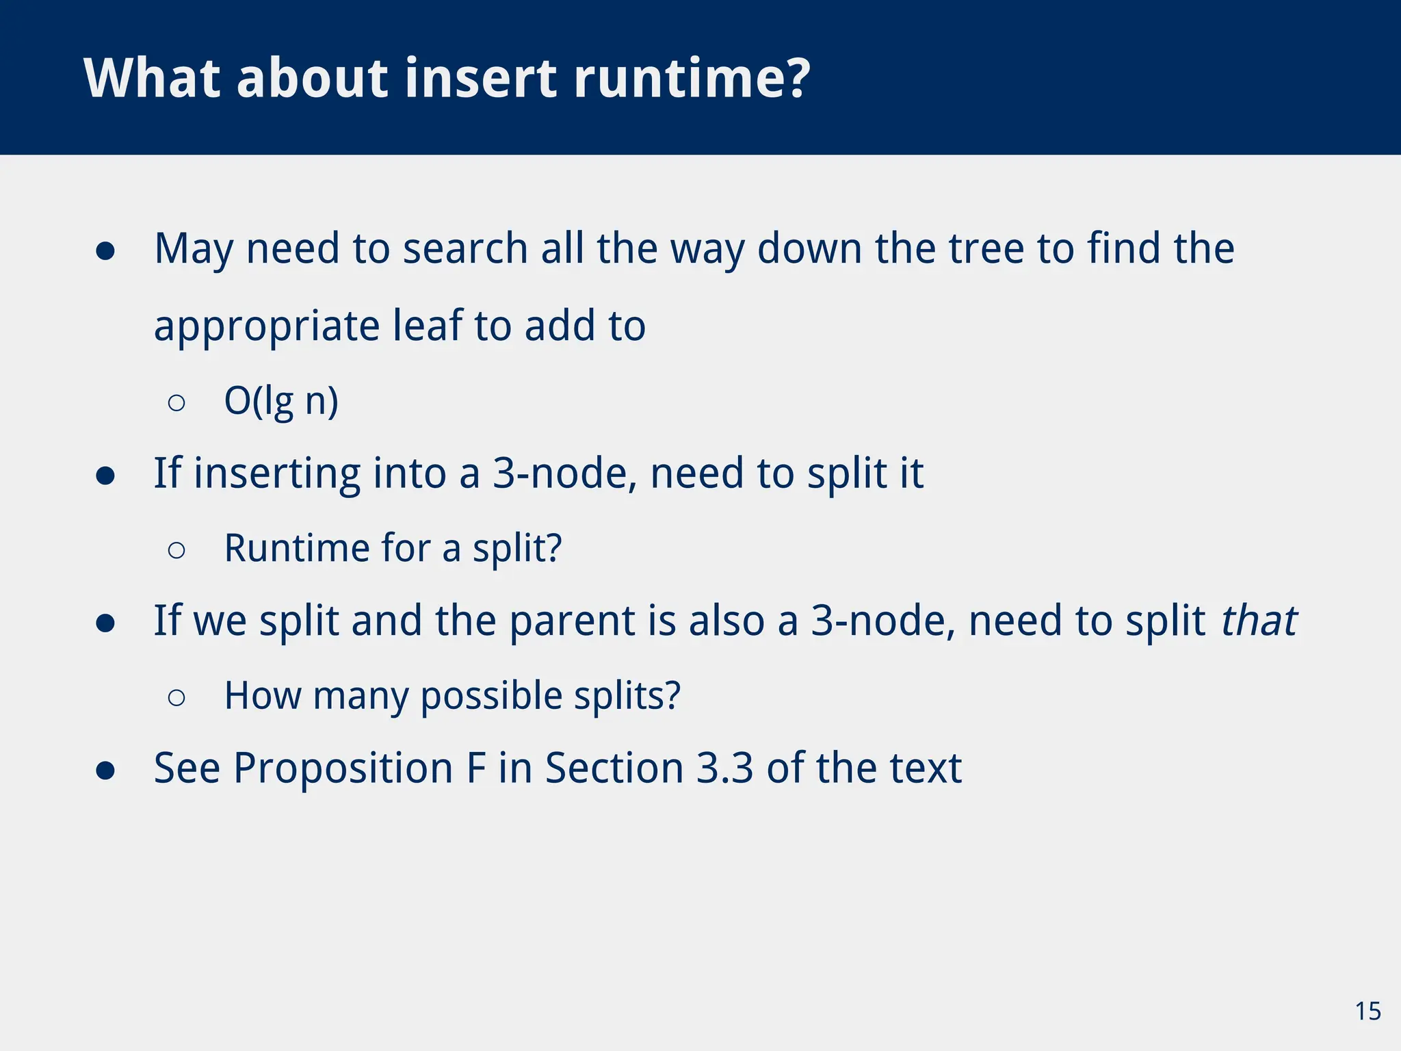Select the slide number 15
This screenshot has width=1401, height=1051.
(x=1367, y=1011)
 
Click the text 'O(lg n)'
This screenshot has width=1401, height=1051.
(x=281, y=401)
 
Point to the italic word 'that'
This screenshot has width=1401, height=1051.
(x=1259, y=621)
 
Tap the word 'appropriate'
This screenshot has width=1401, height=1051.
(x=267, y=327)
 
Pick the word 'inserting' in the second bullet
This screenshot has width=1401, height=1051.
(x=277, y=474)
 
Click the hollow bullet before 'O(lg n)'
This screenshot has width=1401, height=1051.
(x=176, y=403)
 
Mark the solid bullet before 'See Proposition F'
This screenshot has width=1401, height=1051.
(x=105, y=771)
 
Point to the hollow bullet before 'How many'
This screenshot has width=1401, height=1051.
(x=176, y=698)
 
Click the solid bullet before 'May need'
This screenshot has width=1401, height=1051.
(x=105, y=250)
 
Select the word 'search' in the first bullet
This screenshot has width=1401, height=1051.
(x=464, y=248)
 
